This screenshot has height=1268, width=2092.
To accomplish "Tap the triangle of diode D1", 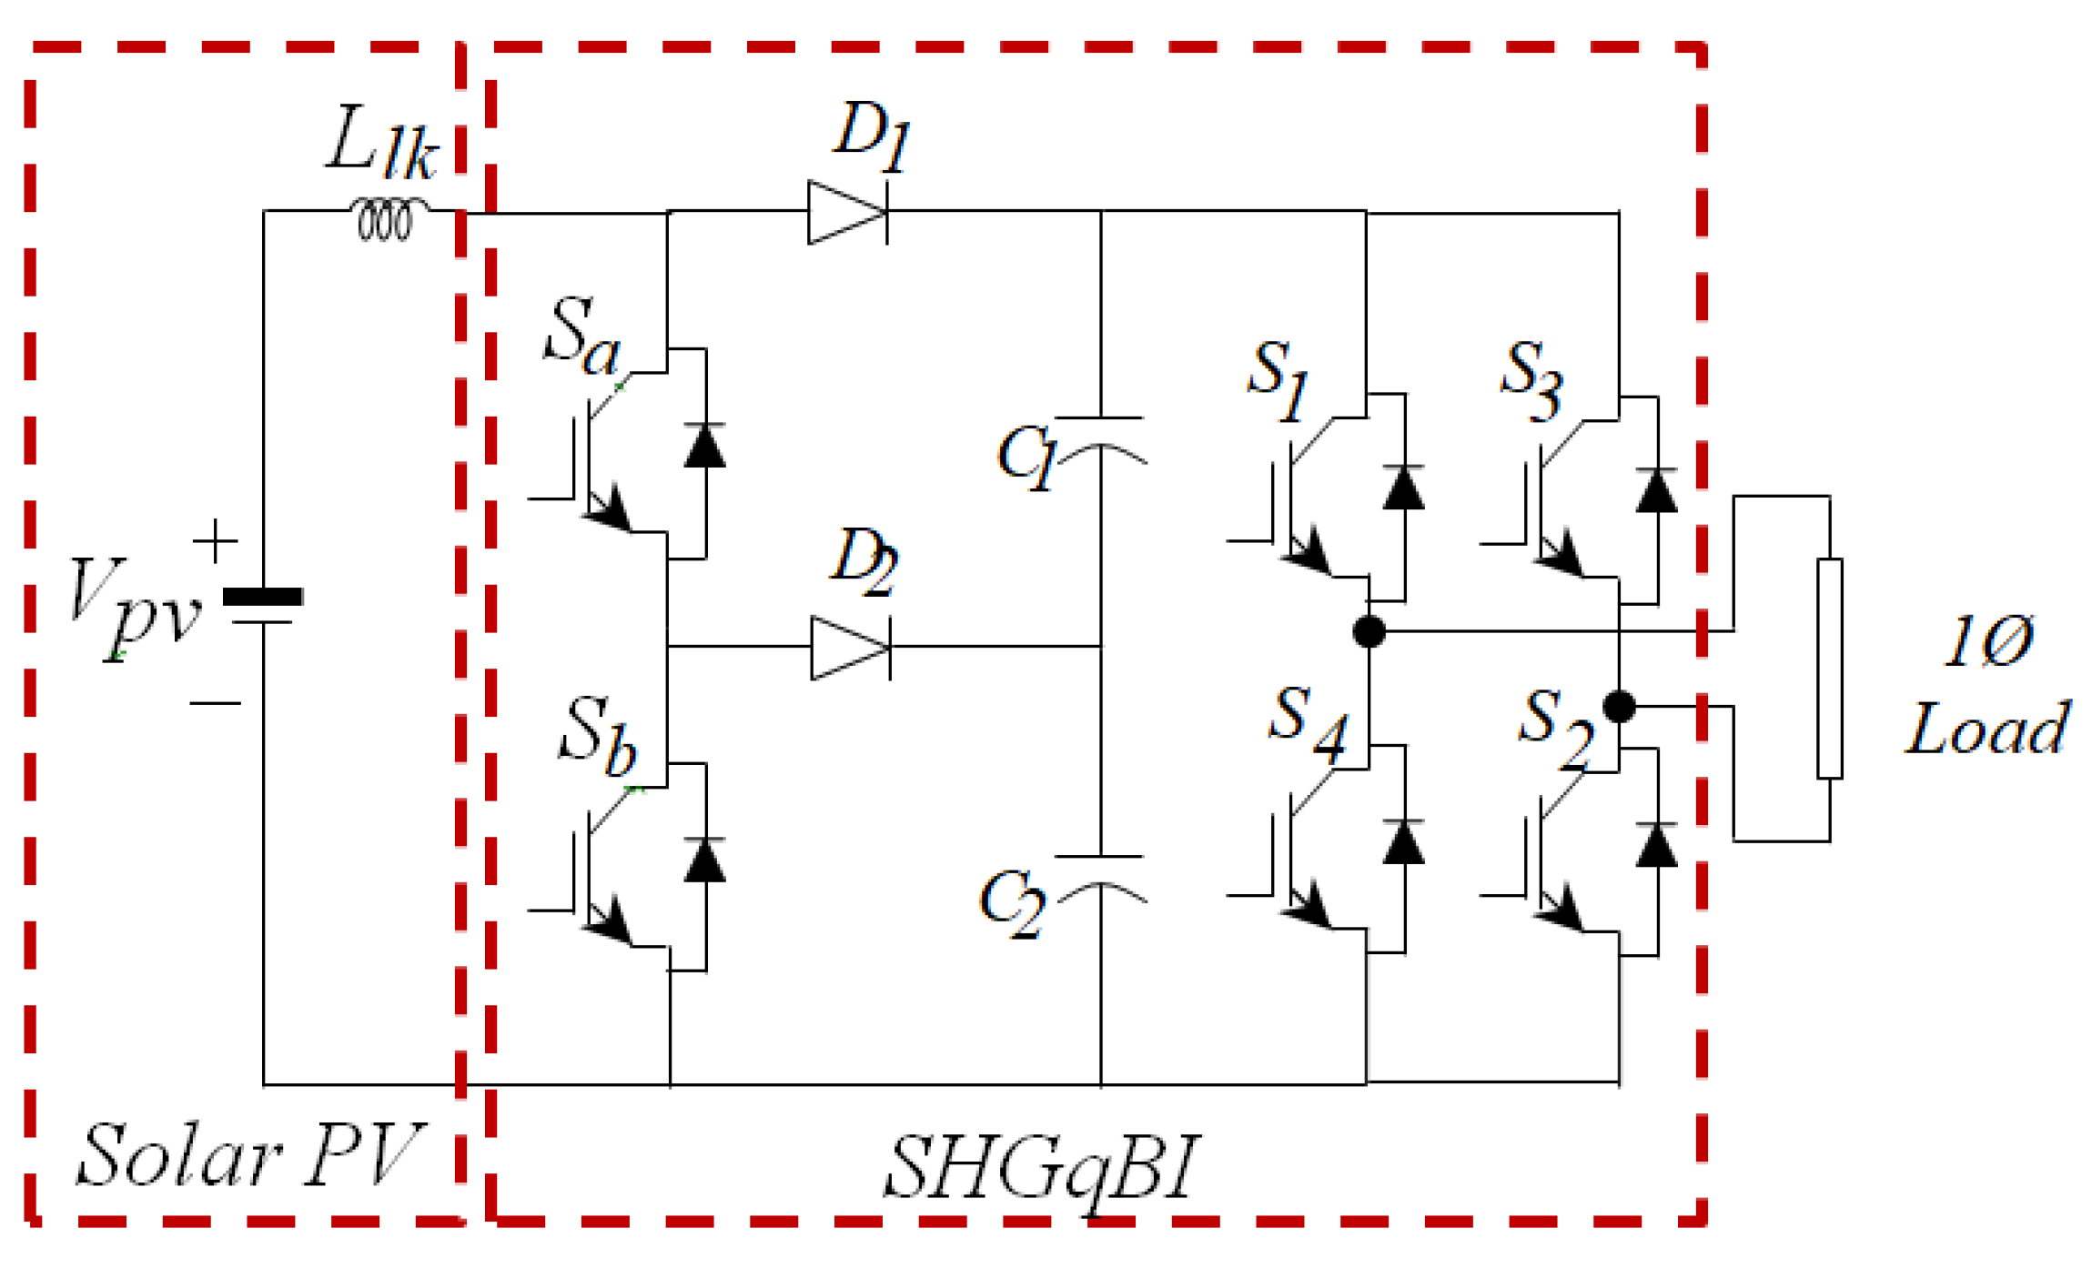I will click(x=843, y=212).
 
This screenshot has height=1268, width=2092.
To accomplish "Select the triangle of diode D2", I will click(x=846, y=647).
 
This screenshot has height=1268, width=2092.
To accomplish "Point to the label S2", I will click(x=1554, y=727).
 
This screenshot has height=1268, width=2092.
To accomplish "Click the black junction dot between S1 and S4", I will click(x=1368, y=630).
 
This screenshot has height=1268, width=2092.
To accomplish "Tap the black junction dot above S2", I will click(x=1618, y=706).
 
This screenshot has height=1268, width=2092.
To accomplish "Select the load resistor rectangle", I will click(x=1829, y=668).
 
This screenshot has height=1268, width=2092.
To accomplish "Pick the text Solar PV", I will click(x=249, y=1155).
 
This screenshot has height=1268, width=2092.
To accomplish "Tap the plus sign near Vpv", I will click(x=216, y=540).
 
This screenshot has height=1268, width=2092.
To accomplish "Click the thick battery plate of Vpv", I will click(x=262, y=597).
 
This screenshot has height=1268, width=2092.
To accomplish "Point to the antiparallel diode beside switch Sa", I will click(x=704, y=447).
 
